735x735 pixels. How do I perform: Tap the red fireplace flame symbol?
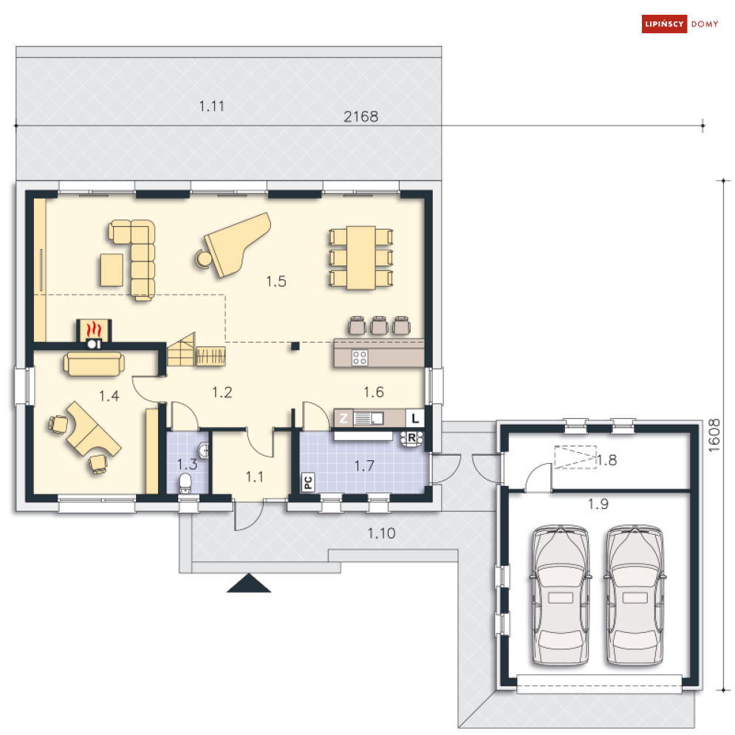95,329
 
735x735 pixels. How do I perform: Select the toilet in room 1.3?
185,483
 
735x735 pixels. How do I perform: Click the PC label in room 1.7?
308,482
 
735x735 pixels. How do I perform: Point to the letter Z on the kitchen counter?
343,418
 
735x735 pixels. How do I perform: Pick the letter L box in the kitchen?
415,418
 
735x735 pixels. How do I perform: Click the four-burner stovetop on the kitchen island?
360,358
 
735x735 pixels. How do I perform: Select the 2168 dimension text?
361,116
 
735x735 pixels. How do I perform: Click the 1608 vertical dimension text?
714,436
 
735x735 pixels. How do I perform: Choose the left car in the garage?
560,595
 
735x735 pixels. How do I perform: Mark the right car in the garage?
635,595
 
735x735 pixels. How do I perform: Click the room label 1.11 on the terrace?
211,106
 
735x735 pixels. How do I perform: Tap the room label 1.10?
381,533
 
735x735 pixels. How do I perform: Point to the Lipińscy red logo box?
664,24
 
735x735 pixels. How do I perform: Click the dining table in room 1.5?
361,258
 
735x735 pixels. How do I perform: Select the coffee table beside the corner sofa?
112,270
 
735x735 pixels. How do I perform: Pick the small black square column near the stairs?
295,346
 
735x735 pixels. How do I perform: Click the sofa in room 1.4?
95,364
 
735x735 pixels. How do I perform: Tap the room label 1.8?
606,460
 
